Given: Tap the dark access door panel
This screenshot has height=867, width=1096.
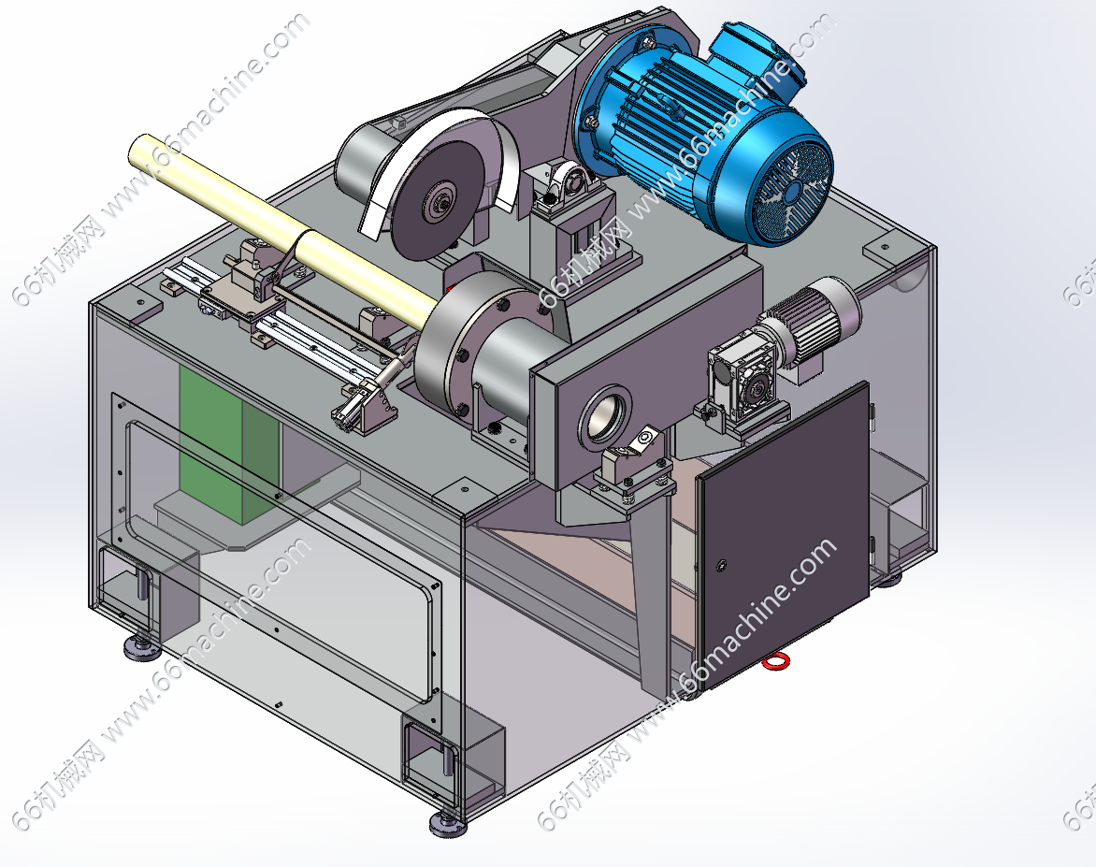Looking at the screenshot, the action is (x=783, y=535).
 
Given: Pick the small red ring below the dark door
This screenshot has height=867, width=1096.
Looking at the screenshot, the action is (x=775, y=660).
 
